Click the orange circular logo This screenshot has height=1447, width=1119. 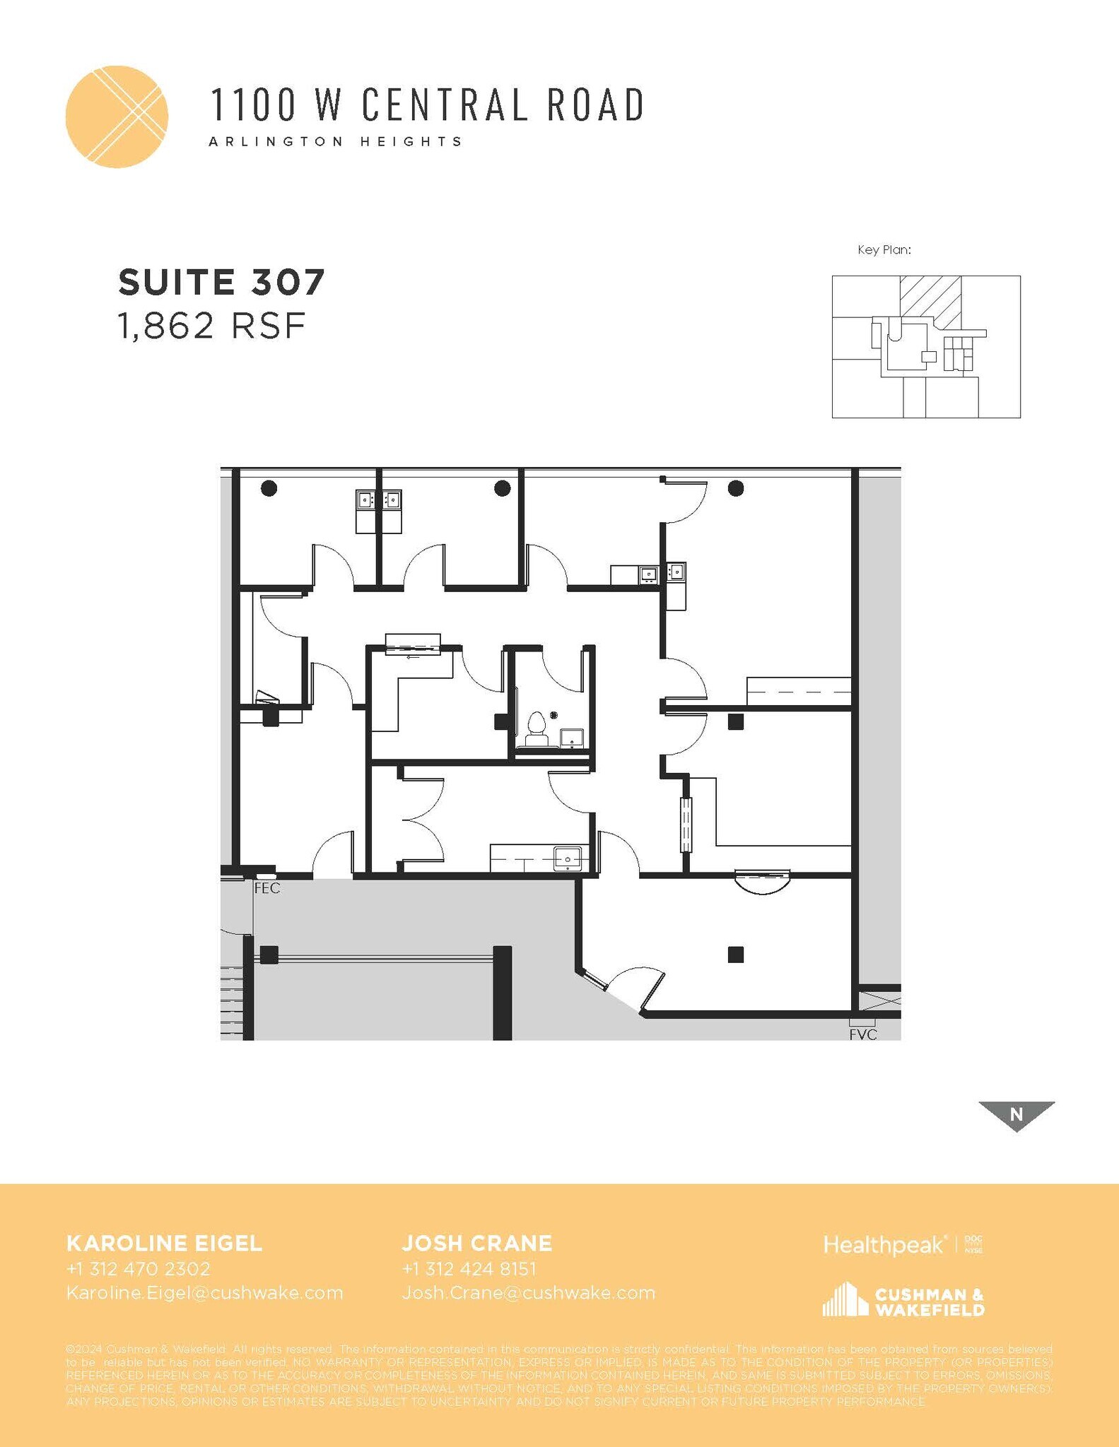click(117, 117)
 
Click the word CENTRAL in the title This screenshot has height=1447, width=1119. click(445, 105)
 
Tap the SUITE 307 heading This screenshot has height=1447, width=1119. click(221, 282)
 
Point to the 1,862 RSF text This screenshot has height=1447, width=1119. click(211, 326)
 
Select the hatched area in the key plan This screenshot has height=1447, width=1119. click(930, 300)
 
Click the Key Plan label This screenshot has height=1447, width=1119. click(884, 249)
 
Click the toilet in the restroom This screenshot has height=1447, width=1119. click(537, 728)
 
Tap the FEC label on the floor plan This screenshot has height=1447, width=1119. click(267, 888)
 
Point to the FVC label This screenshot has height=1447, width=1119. click(863, 1035)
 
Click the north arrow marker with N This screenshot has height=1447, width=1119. click(1017, 1114)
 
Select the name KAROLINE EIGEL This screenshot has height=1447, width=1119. click(164, 1243)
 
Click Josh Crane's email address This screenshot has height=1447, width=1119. click(529, 1292)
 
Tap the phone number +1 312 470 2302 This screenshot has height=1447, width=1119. click(139, 1268)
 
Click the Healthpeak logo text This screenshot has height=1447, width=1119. click(884, 1244)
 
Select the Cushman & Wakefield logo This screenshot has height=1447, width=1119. click(903, 1301)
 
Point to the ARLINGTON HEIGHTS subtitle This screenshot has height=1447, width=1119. click(336, 141)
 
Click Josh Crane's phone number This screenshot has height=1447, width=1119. click(469, 1268)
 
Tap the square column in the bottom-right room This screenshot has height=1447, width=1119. click(735, 955)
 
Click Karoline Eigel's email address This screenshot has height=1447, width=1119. click(205, 1292)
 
